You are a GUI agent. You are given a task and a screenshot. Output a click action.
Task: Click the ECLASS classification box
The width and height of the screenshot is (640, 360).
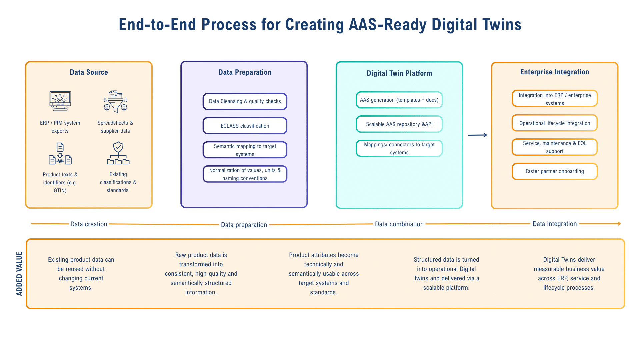(245, 126)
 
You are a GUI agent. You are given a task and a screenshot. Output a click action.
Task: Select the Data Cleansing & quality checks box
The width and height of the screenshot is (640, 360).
(245, 101)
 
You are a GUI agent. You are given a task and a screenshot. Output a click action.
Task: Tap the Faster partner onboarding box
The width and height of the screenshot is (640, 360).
(555, 171)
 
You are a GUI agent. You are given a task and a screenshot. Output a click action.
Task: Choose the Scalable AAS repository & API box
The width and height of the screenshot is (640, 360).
(399, 124)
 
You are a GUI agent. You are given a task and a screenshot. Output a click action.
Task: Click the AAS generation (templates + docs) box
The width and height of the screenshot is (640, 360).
(399, 100)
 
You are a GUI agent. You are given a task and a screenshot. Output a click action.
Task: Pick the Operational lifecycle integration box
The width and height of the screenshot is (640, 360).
(555, 123)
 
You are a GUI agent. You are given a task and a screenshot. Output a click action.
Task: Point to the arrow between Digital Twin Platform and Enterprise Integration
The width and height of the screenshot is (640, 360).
(477, 135)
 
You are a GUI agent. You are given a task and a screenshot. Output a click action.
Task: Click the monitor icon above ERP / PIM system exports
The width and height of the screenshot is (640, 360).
(60, 101)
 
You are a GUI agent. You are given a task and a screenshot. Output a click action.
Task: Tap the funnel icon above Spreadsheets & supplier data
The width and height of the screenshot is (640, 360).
(115, 101)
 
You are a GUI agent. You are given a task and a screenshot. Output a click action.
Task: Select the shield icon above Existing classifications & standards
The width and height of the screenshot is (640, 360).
(118, 153)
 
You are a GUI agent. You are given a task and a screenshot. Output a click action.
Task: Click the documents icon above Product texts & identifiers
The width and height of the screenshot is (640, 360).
(60, 154)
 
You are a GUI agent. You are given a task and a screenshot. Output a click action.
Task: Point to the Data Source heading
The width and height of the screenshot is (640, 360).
(89, 72)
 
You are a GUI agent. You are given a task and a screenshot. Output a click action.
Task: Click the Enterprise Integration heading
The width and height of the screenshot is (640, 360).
(554, 72)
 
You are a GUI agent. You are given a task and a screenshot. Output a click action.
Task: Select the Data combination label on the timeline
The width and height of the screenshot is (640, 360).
(399, 224)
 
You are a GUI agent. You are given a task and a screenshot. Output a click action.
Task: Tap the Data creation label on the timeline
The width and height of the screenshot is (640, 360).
(89, 224)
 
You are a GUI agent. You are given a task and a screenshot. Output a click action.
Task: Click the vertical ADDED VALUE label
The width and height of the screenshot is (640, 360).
(19, 274)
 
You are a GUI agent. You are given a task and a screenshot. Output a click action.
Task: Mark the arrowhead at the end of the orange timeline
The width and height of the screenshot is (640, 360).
(619, 224)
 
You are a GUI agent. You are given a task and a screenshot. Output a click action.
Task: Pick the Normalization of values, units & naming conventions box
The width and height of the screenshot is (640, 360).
(245, 174)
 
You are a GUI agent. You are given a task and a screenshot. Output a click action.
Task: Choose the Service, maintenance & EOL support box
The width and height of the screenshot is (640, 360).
(555, 147)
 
